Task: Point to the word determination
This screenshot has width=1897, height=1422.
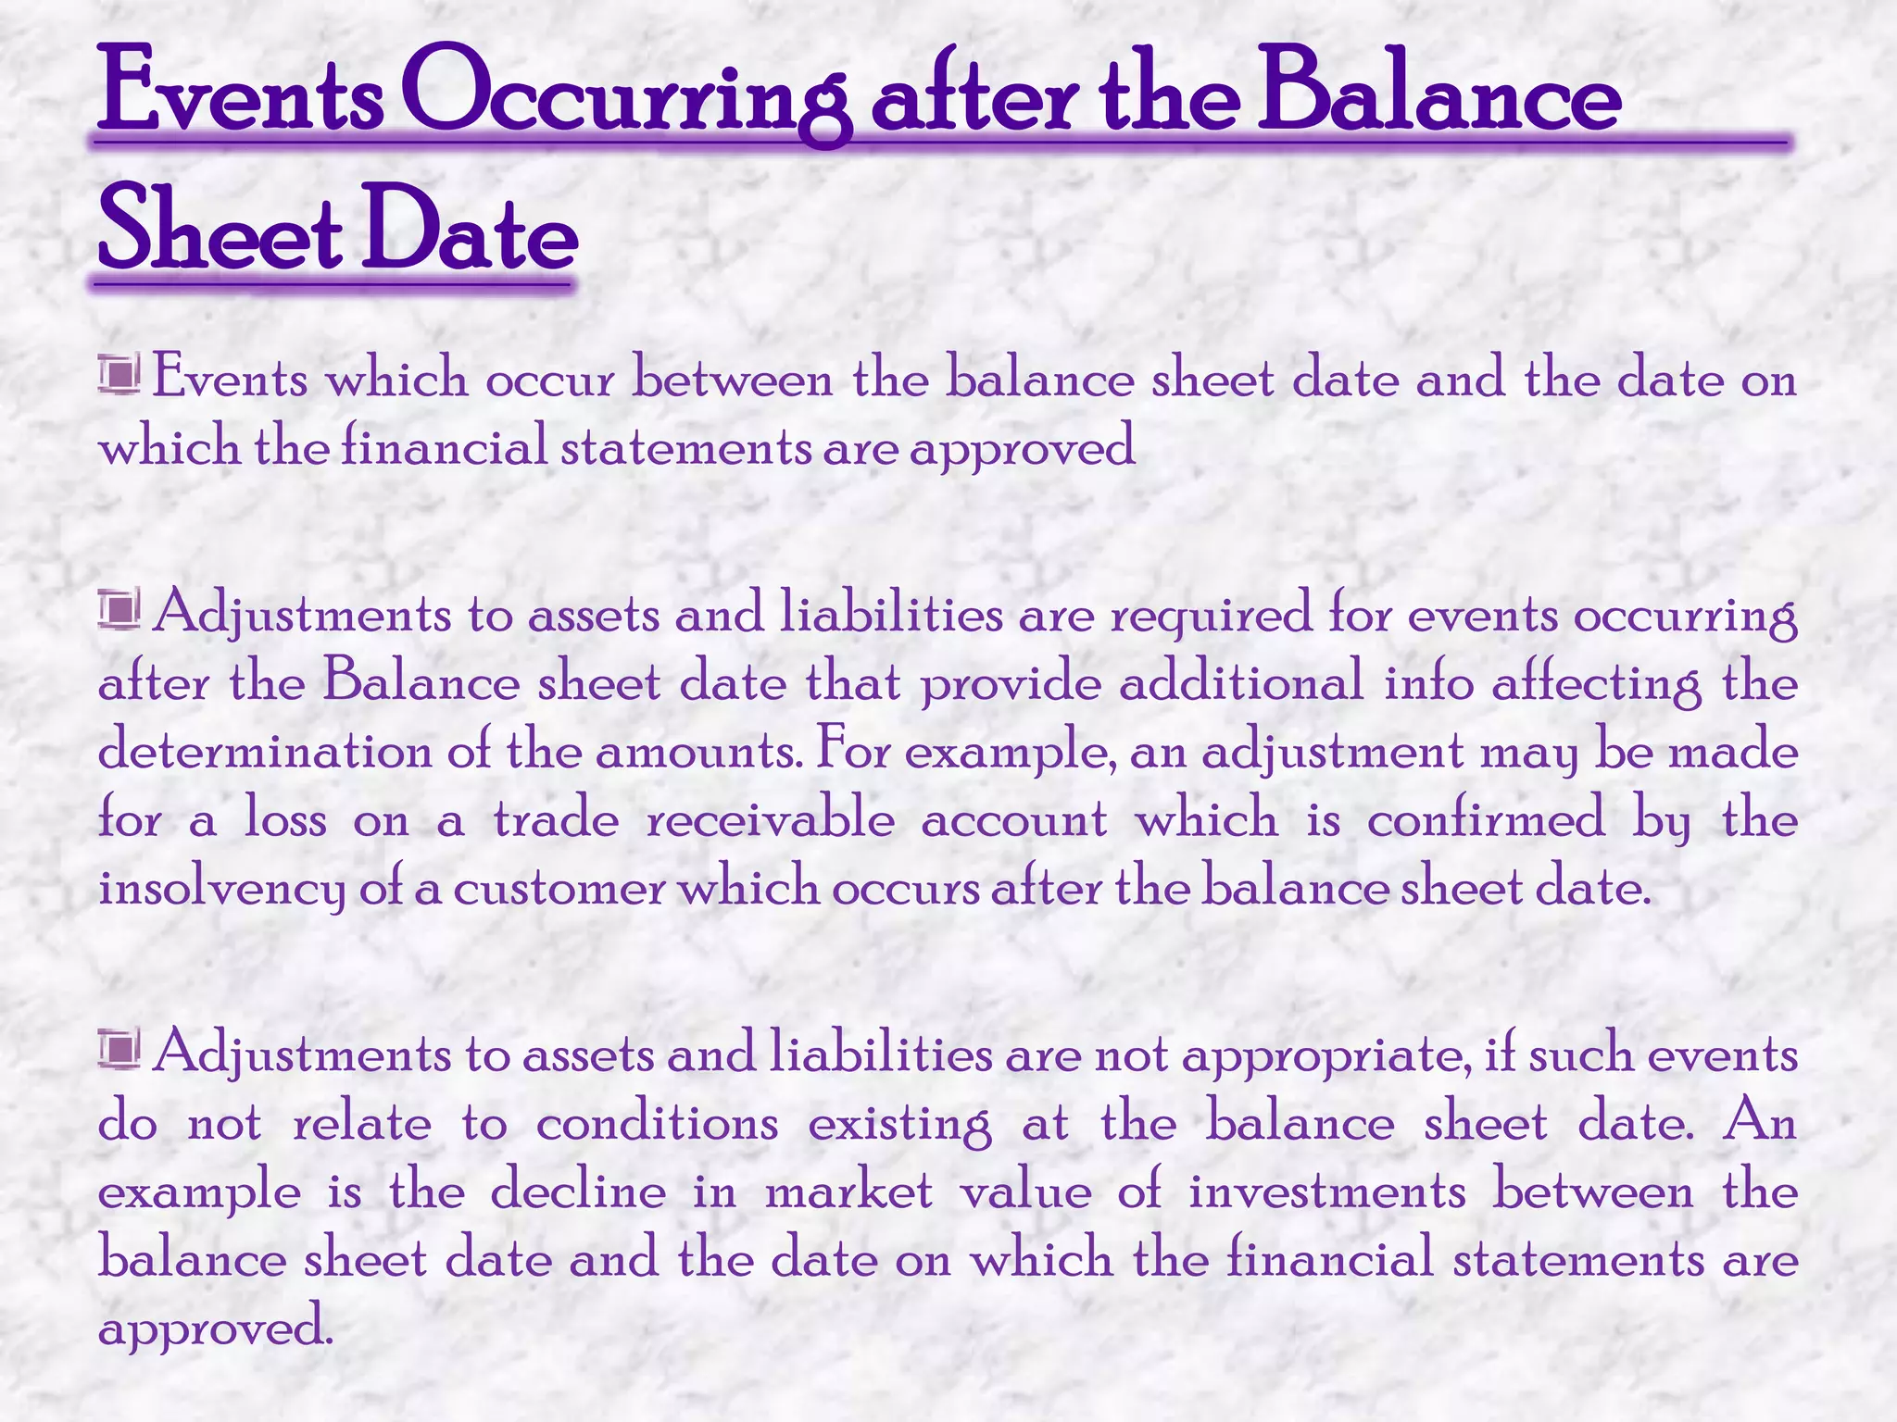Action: tap(264, 752)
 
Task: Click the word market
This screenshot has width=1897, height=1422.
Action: tap(848, 1192)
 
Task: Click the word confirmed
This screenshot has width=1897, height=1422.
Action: tap(1486, 821)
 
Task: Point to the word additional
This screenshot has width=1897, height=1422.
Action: tap(1241, 683)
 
